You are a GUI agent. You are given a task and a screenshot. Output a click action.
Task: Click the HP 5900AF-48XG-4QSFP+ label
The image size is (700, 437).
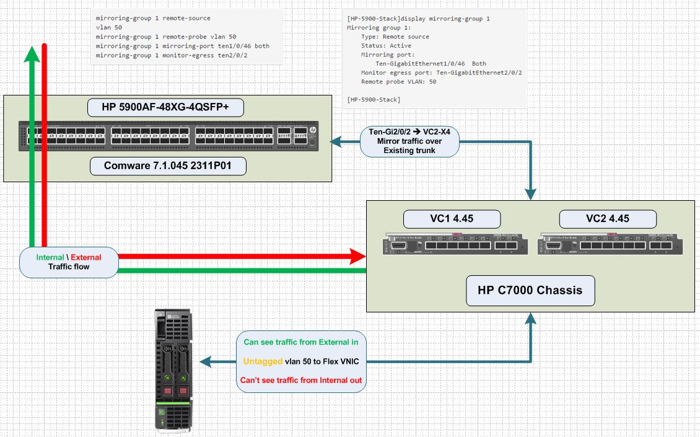coord(165,107)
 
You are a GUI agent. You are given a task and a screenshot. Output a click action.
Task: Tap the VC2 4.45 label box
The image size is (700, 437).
coord(607,219)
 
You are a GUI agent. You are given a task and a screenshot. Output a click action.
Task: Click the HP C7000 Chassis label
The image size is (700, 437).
coord(530,290)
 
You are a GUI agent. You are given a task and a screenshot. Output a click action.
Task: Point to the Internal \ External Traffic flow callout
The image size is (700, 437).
coord(69,262)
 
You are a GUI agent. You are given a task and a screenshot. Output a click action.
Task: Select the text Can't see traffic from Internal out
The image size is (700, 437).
coord(300,380)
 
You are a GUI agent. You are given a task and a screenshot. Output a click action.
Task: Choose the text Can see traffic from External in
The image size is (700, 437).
coord(300,342)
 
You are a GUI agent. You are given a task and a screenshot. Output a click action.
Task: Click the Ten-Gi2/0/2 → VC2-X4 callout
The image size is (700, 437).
coord(409,141)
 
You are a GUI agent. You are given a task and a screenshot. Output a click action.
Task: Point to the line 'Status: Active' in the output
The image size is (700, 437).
coord(386,45)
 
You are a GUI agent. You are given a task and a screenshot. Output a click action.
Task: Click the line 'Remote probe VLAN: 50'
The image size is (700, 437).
coord(398,81)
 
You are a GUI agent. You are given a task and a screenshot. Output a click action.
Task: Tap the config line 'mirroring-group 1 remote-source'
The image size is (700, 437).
coord(153,19)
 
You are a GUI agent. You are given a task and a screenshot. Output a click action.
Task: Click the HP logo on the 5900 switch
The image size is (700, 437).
coord(312,131)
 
